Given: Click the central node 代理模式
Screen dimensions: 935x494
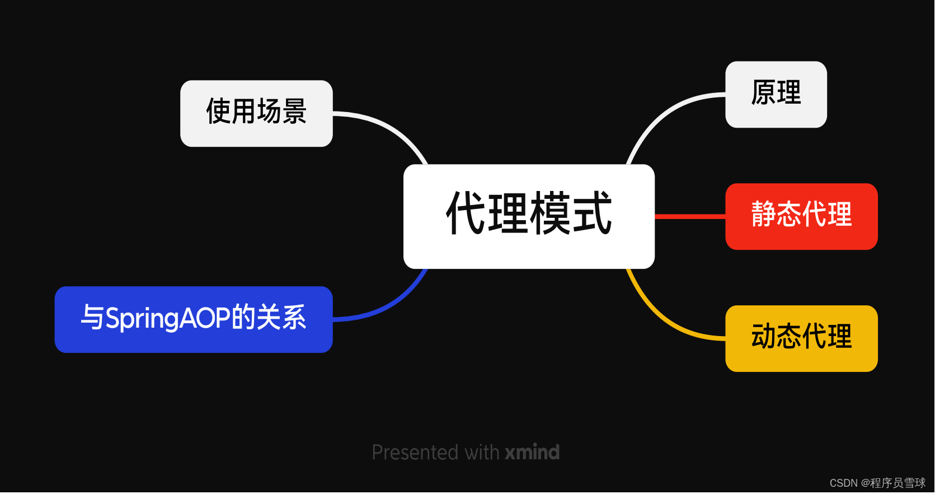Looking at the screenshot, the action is pos(529,216).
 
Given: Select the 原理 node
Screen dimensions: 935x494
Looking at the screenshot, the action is pos(776,94).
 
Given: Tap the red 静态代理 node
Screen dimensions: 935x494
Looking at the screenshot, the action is pos(801,216).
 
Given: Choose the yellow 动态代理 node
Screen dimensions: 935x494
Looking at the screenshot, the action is pos(801,338).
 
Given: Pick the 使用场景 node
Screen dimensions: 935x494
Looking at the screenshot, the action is pos(256,113).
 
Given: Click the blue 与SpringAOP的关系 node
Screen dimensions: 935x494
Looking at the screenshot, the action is pos(194,319).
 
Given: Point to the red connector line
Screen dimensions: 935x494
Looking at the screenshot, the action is pos(689,216).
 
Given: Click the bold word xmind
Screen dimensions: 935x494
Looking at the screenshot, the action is pos(532,452).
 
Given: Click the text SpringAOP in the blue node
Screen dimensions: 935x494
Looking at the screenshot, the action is pos(167,319).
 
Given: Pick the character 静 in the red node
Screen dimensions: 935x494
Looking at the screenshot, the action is pos(763,215).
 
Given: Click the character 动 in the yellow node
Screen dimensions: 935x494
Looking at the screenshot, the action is pos(763,337).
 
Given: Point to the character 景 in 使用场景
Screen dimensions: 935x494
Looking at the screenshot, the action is pos(294,111).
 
